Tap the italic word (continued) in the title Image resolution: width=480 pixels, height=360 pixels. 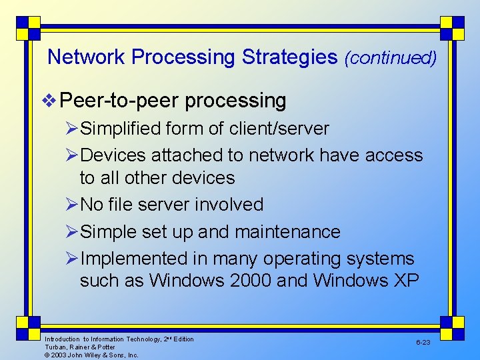click(391, 58)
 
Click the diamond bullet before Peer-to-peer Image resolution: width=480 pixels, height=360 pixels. click(50, 101)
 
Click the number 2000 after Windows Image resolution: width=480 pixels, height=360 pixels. click(250, 281)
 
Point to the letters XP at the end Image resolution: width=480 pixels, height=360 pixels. click(405, 281)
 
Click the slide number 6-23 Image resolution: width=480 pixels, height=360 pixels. click(423, 342)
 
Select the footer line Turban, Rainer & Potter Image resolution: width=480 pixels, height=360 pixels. click(79, 347)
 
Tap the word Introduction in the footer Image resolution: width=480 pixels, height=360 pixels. click(62, 339)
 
